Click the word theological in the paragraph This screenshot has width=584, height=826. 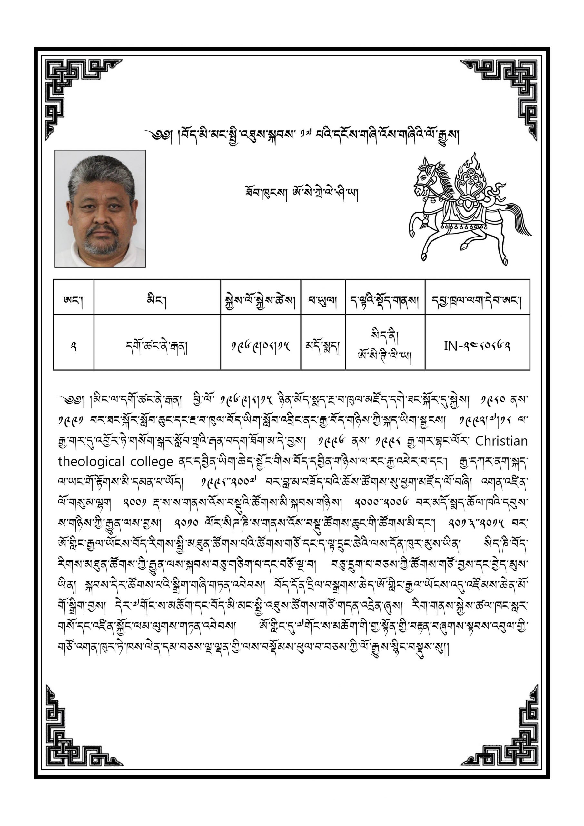[x=91, y=462]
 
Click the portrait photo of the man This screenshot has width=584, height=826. [x=100, y=209]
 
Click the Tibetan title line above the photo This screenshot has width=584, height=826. [x=302, y=136]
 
